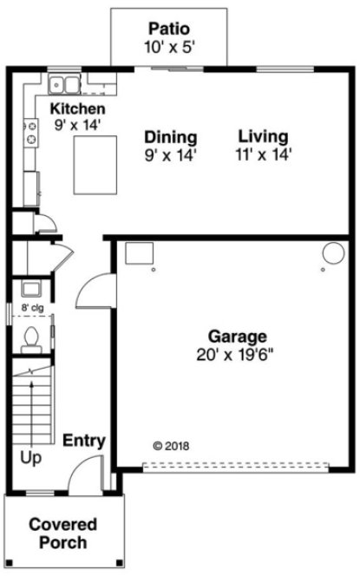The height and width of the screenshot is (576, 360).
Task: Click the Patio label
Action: pyautogui.click(x=169, y=29)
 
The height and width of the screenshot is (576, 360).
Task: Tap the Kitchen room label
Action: pyautogui.click(x=77, y=109)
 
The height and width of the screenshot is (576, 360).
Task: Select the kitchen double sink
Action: pyautogui.click(x=63, y=85)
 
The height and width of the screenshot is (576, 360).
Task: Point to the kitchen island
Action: pyautogui.click(x=95, y=166)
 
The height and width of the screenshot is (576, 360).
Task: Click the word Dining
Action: pyautogui.click(x=170, y=137)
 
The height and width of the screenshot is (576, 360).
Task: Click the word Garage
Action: pyautogui.click(x=237, y=336)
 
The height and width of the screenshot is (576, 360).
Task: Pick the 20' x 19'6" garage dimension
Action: pyautogui.click(x=237, y=354)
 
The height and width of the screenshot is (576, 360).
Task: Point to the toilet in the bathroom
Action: pyautogui.click(x=32, y=337)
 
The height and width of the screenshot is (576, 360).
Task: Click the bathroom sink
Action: pyautogui.click(x=30, y=289)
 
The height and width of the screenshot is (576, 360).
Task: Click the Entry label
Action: pyautogui.click(x=84, y=441)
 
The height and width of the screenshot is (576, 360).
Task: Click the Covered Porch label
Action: pyautogui.click(x=62, y=533)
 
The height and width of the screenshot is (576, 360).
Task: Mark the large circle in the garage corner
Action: pyautogui.click(x=333, y=253)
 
